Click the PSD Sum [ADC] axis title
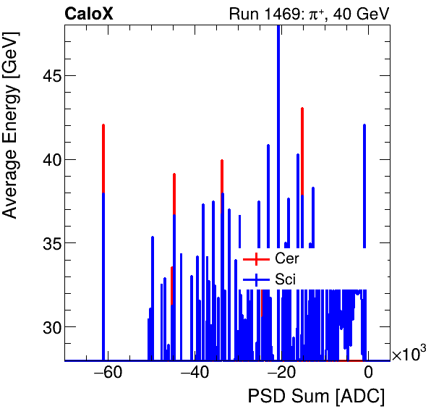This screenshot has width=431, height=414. [x=316, y=397]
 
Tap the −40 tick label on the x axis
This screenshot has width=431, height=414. [x=195, y=373]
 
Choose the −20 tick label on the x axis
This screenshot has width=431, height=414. [x=281, y=373]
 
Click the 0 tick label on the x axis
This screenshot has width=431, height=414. [x=368, y=373]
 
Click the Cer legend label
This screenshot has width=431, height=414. [x=286, y=258]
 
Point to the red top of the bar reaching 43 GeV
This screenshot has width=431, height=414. [x=302, y=145]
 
